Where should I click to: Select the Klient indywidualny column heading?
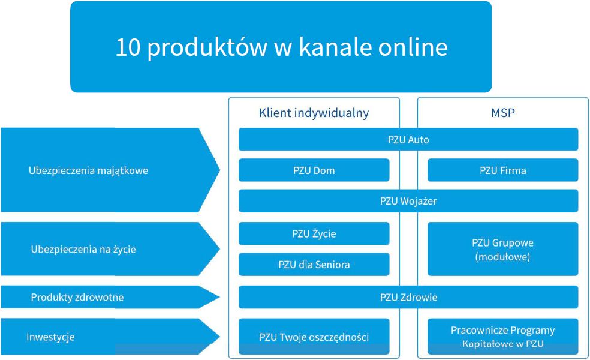[x=314, y=113]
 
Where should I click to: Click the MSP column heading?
[x=502, y=113]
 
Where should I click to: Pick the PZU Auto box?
[x=408, y=140]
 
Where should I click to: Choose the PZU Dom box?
[x=314, y=170]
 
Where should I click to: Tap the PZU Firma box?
[x=502, y=170]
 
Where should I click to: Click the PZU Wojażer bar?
[x=408, y=201]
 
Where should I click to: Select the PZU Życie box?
[x=314, y=234]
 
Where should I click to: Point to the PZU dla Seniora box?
[x=314, y=265]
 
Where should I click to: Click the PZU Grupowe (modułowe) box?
[x=502, y=250]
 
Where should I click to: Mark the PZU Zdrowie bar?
[x=408, y=297]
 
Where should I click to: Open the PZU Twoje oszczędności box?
[x=314, y=337]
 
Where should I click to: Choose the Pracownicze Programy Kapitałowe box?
[x=502, y=337]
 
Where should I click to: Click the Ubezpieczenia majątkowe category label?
[x=88, y=170]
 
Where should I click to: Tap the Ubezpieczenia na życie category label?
[x=83, y=249]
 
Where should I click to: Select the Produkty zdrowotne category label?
[x=77, y=297]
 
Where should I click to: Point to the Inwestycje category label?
[x=50, y=337]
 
